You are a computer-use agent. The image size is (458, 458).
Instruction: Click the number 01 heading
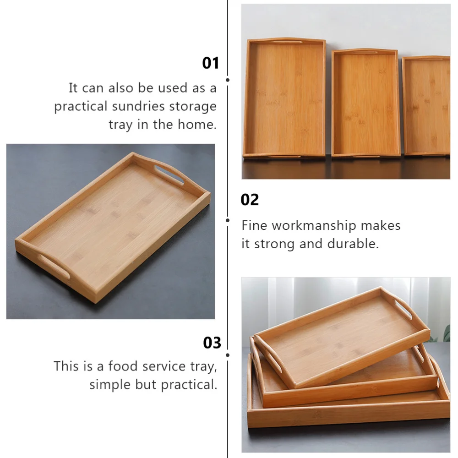[x=211, y=63]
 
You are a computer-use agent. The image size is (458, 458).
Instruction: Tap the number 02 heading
[x=250, y=200]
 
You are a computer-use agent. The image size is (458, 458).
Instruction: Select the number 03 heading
[x=212, y=343]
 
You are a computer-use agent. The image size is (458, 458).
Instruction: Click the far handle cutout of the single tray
[x=169, y=174]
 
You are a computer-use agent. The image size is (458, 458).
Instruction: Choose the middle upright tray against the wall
[x=365, y=103]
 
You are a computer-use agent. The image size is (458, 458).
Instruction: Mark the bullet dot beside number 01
[x=228, y=80]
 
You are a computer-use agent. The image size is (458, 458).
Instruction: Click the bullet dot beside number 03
[x=228, y=354]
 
